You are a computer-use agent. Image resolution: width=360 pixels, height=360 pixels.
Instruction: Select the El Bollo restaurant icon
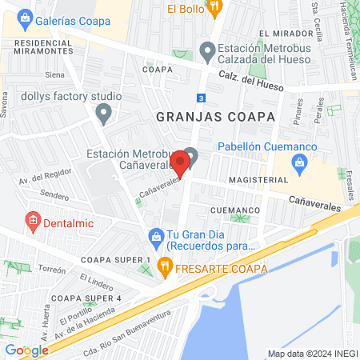[x=213, y=8]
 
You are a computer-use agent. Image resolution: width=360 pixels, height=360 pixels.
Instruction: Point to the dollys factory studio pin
[x=103, y=114]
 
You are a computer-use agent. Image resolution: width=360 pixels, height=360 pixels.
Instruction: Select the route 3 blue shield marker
[x=201, y=98]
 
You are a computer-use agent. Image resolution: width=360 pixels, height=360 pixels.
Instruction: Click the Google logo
[x=26, y=350]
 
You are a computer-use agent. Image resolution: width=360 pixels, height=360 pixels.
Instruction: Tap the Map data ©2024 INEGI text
[x=311, y=354]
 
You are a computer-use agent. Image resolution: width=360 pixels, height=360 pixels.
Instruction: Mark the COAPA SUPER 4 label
[x=86, y=298]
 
